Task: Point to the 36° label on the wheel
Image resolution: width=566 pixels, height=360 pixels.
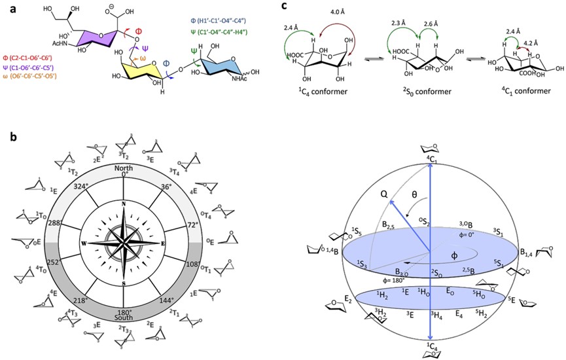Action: [166, 187]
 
